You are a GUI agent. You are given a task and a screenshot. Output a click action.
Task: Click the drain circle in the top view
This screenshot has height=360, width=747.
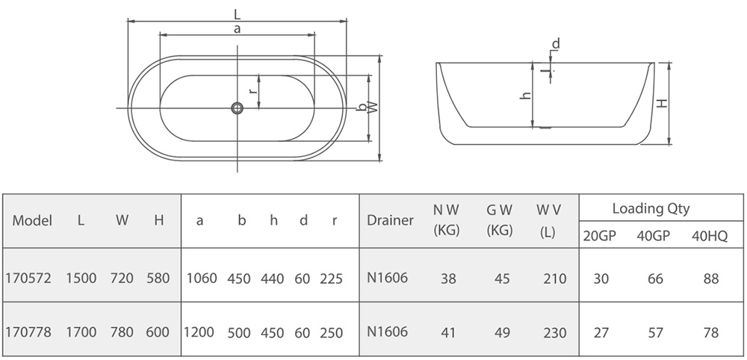point(238,108)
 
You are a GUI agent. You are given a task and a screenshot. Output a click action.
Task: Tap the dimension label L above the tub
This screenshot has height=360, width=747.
point(237,14)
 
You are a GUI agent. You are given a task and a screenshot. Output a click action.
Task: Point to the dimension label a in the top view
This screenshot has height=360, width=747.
point(237,29)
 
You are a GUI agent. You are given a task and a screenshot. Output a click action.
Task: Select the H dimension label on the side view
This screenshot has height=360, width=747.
point(662,102)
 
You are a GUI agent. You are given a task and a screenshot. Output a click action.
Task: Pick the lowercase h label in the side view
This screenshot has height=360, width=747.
point(525,96)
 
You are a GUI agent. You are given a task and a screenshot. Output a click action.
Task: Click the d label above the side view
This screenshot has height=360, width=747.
point(556,44)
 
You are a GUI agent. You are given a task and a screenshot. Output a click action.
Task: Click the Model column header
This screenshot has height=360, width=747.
point(32,220)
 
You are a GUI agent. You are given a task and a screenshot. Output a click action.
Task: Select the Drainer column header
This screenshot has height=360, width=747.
point(390,220)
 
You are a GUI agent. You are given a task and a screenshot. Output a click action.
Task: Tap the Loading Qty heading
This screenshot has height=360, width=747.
point(651,208)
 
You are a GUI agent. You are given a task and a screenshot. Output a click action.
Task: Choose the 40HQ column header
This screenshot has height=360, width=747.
point(710,237)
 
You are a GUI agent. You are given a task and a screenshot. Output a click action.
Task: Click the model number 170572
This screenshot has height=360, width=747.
point(28,278)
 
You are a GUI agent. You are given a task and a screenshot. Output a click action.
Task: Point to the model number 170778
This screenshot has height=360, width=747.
point(28,332)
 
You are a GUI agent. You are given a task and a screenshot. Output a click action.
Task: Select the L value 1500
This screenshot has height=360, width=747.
point(81,278)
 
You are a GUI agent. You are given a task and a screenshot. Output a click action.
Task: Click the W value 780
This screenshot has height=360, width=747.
point(122,332)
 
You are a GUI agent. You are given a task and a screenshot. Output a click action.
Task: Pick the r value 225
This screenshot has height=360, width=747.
point(331,279)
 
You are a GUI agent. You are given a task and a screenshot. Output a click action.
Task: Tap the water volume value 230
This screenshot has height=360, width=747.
point(555,332)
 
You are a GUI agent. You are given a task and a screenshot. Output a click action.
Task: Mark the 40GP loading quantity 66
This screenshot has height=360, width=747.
point(656,279)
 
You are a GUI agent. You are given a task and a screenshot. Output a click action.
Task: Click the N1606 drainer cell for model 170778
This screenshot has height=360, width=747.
point(387,332)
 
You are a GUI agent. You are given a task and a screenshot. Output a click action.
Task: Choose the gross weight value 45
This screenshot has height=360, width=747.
point(502,279)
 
